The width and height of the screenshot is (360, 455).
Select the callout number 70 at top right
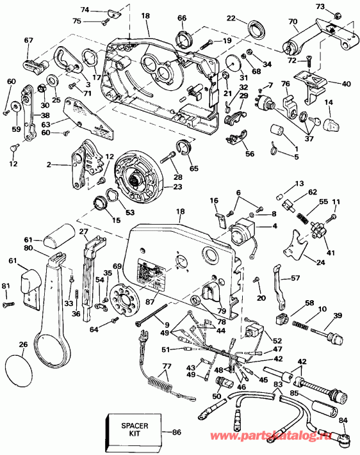point(293,22)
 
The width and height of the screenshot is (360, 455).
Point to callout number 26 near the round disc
point(24,346)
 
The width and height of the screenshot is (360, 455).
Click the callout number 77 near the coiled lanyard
point(167,367)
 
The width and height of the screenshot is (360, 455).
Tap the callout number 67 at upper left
point(28,40)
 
